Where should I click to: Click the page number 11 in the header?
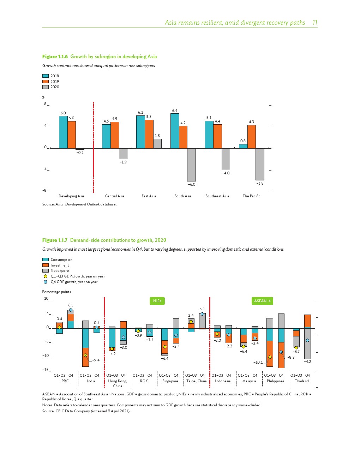(315, 23)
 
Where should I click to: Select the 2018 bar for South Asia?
(175, 131)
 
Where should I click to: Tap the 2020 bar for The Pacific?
(260, 164)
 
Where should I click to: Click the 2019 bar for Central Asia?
(115, 135)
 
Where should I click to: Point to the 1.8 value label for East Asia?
(157, 136)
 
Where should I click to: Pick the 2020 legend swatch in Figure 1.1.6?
(46, 87)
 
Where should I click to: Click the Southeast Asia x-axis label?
(217, 196)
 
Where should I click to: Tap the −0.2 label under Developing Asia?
(80, 153)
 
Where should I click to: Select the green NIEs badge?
(157, 301)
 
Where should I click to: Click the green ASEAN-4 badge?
(262, 301)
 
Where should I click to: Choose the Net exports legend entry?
(60, 271)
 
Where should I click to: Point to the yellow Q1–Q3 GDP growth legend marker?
(46, 276)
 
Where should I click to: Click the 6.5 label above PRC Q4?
(71, 305)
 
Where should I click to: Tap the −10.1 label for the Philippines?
(258, 362)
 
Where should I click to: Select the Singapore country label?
(170, 381)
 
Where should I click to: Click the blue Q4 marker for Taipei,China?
(202, 314)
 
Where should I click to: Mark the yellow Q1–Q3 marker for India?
(85, 355)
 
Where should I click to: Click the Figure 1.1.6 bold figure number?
(55, 56)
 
